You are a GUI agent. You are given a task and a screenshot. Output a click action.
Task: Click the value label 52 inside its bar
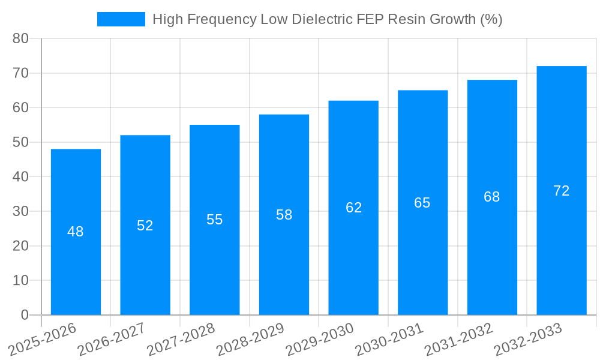coord(145,226)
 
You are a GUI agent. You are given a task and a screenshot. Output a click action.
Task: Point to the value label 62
coord(353,208)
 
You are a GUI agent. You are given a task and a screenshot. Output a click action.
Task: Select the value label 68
coord(492,197)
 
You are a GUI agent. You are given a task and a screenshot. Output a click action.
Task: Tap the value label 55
coord(214,220)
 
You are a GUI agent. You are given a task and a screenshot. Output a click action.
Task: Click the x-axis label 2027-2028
coord(181,339)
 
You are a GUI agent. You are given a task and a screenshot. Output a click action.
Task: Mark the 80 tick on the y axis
coord(20,38)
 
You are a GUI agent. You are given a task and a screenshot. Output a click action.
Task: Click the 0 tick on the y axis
coord(25,315)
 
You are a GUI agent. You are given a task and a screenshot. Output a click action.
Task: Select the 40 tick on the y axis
coord(20,177)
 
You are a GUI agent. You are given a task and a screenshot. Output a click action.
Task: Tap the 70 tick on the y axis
coord(20,73)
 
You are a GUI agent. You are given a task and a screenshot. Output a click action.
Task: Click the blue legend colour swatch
coord(121,19)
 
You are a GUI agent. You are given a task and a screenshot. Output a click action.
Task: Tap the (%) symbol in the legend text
coord(491,19)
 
